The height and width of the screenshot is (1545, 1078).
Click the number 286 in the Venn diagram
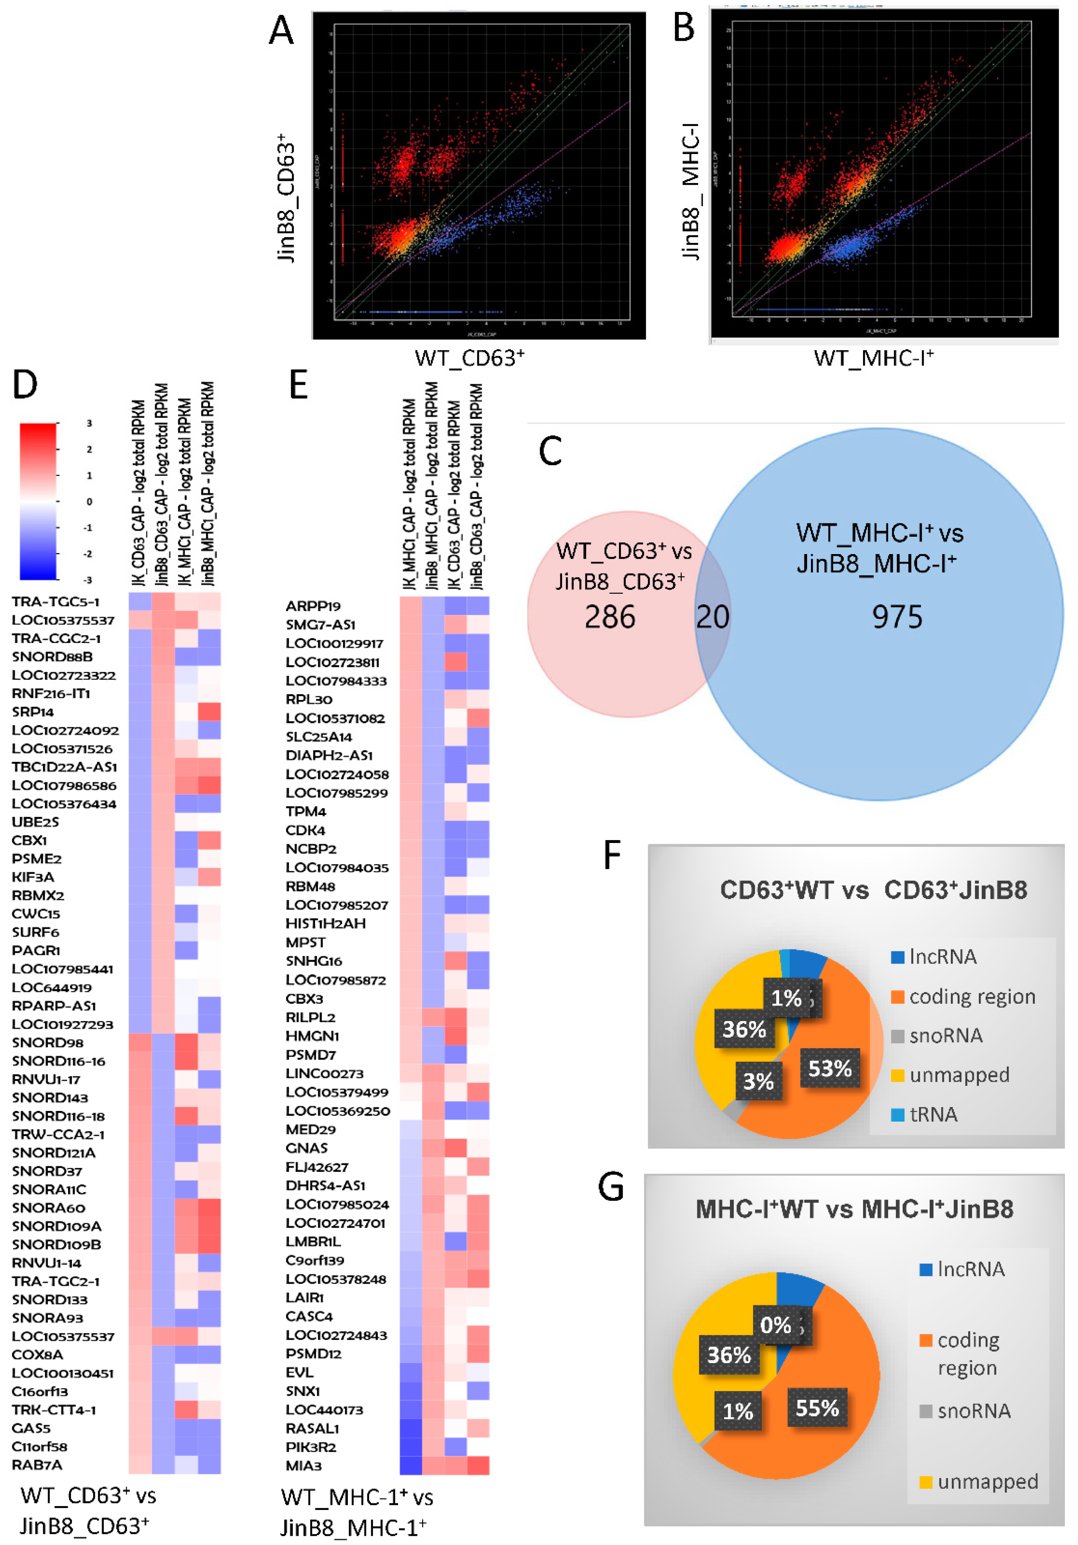(610, 616)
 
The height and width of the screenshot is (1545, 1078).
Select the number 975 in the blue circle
(897, 616)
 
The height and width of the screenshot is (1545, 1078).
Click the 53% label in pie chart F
(830, 1068)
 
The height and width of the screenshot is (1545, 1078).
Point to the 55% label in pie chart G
(817, 1408)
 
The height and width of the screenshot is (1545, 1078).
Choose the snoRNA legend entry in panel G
(973, 1410)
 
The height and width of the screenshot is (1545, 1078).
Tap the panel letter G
(611, 1188)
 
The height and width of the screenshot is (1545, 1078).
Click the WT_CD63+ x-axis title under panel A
(469, 358)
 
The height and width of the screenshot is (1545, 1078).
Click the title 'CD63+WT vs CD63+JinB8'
(873, 890)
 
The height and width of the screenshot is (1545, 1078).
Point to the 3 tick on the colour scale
(89, 423)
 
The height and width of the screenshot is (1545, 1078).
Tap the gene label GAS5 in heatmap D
(31, 1428)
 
